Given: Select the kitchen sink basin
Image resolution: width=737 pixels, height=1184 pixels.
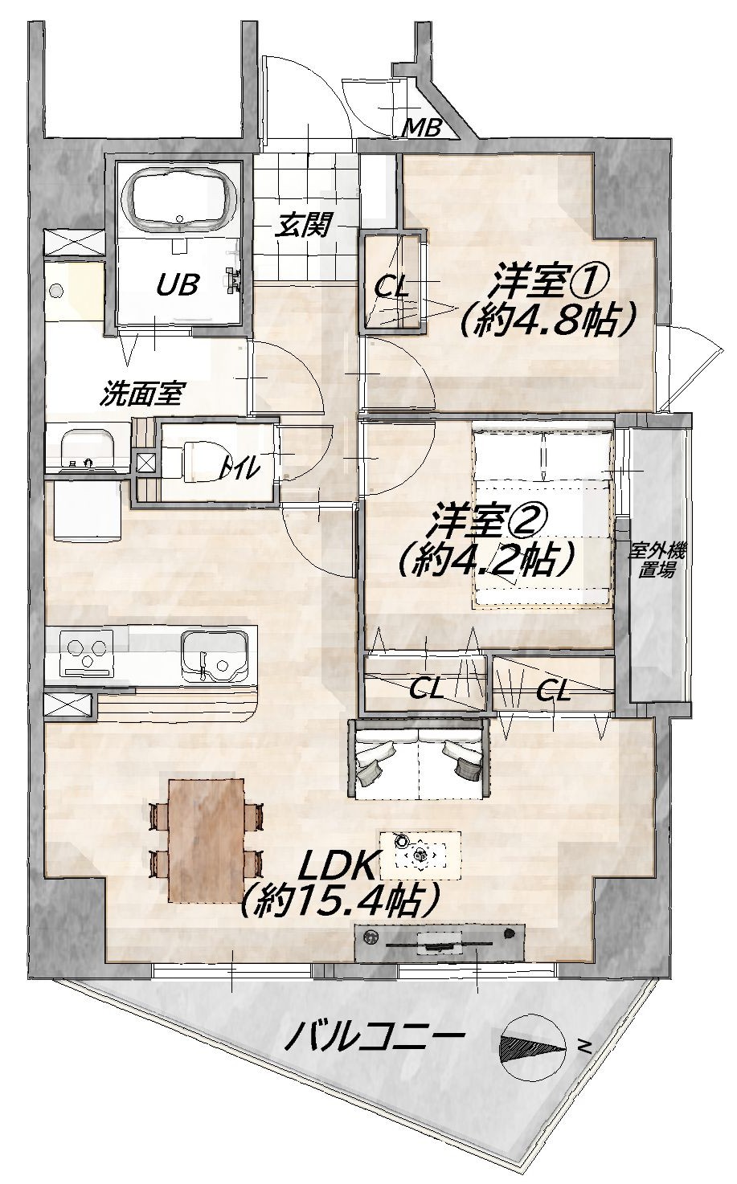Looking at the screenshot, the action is pos(215,656).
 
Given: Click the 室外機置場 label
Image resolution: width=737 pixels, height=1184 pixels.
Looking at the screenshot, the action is pos(656,561).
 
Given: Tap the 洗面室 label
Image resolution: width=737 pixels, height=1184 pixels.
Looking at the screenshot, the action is pos(142,394).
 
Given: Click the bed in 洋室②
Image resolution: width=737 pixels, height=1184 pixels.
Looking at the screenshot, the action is pos(544,519).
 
